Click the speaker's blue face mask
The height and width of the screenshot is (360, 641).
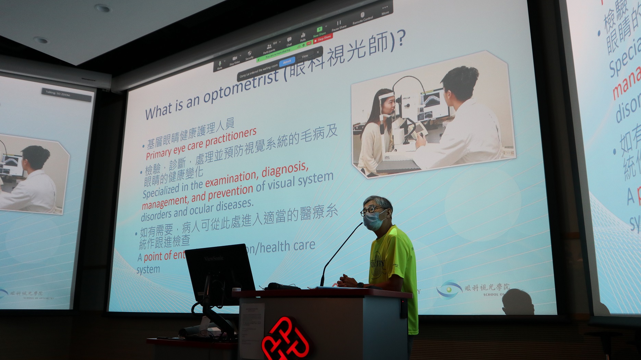click(x=374, y=220)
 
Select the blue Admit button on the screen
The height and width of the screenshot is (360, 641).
click(x=287, y=62)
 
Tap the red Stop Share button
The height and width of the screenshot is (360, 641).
click(x=323, y=38)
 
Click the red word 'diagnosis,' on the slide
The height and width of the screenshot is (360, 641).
click(x=285, y=172)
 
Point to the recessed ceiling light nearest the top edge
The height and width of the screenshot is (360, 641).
click(x=102, y=8)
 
